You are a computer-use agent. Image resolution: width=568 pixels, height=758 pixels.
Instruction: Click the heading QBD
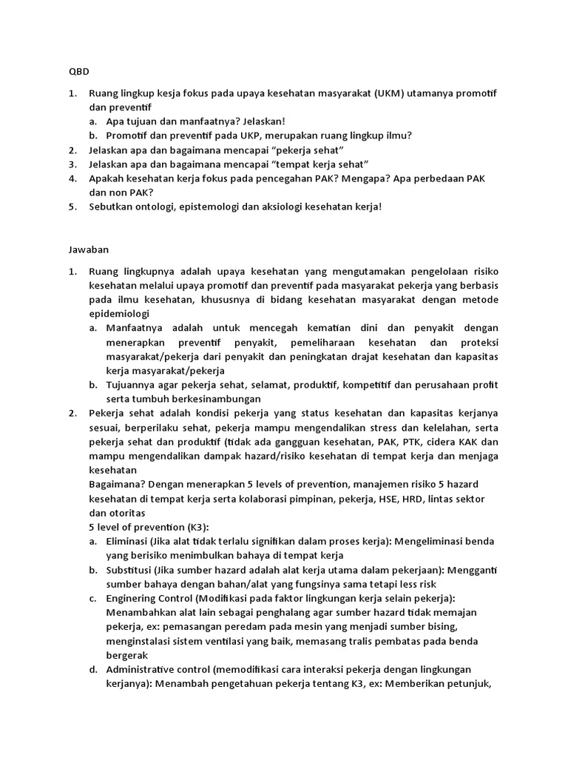[x=69, y=73]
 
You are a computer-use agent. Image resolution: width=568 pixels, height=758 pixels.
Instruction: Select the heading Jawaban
[x=81, y=251]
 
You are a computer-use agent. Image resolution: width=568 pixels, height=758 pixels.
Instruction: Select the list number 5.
[x=72, y=207]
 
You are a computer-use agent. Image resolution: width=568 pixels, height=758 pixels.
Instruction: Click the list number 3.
[x=72, y=164]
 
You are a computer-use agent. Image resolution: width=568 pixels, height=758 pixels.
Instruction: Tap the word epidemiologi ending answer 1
[x=117, y=313]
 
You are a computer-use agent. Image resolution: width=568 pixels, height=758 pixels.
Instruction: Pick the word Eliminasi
[x=129, y=541]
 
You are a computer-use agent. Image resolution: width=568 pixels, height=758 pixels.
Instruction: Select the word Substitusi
[x=131, y=569]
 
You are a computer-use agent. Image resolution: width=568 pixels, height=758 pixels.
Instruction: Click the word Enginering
[x=134, y=598]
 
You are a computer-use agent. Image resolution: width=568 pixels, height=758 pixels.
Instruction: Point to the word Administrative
[x=144, y=669]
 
